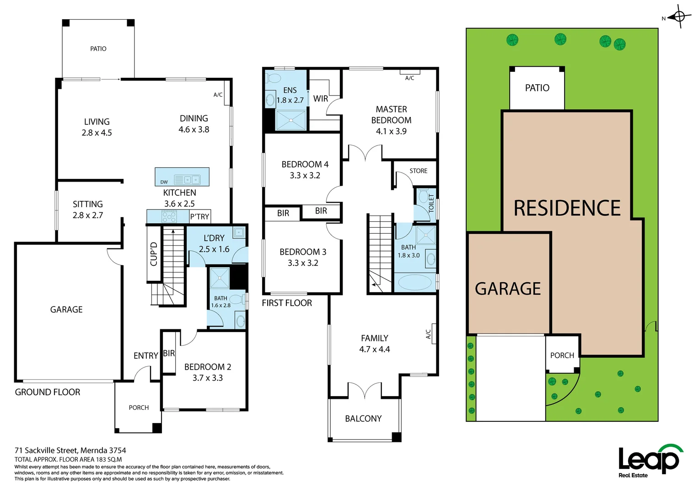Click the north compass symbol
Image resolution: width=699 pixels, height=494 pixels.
(679, 17)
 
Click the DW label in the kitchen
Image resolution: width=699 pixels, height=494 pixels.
(164, 182)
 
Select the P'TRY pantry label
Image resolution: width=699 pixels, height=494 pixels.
(200, 217)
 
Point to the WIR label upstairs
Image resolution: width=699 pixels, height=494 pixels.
(321, 99)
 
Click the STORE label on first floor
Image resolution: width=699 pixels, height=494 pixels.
(418, 171)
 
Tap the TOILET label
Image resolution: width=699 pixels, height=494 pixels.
(431, 203)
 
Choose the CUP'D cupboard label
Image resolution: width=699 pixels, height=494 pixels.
(154, 254)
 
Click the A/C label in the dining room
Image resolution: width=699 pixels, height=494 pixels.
(218, 95)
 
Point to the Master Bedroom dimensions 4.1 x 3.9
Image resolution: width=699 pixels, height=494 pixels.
(391, 131)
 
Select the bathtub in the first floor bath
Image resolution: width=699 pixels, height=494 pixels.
(414, 282)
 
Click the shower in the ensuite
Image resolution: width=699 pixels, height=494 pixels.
(291, 120)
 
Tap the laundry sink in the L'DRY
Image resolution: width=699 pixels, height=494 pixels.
(239, 232)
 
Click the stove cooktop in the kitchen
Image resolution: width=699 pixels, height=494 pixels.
(169, 216)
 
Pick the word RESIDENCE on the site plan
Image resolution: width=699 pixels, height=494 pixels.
(567, 208)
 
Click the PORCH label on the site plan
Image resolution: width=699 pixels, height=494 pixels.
(562, 355)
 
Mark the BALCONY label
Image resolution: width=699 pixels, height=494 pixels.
(363, 419)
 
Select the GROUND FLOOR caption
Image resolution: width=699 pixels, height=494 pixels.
(48, 392)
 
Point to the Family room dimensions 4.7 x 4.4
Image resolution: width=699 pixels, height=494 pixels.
(375, 349)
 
